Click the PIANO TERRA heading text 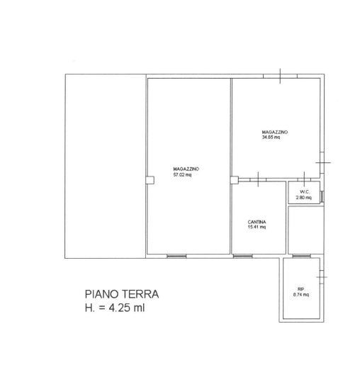(x=122, y=294)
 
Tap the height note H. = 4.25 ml (x=115, y=308)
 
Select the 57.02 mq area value (x=182, y=175)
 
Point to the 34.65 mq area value (x=271, y=138)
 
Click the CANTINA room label (x=257, y=222)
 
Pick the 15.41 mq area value (x=257, y=227)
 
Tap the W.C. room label (x=305, y=192)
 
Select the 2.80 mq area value (x=304, y=198)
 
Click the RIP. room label (x=301, y=289)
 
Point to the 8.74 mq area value (x=301, y=295)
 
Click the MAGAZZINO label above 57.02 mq (x=186, y=169)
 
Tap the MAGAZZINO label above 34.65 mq (x=275, y=132)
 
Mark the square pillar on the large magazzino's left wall (x=150, y=180)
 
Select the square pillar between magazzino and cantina (x=235, y=180)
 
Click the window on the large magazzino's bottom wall (x=176, y=256)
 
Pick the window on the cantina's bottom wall (x=242, y=256)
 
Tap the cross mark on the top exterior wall (x=280, y=76)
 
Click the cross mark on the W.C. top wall (x=304, y=179)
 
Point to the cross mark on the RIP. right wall (x=322, y=277)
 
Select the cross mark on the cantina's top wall (x=258, y=179)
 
